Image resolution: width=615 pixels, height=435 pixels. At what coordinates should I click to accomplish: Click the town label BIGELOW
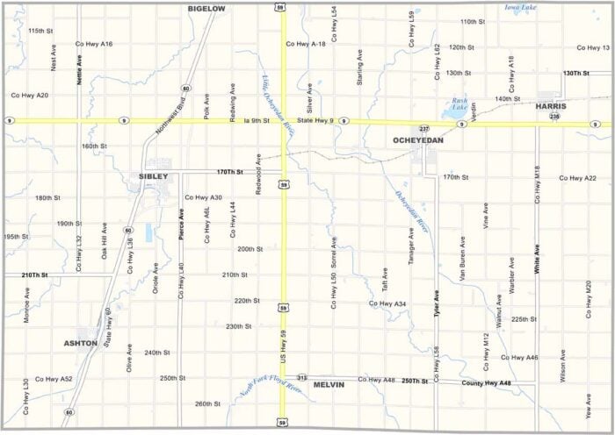pyautogui.click(x=206, y=8)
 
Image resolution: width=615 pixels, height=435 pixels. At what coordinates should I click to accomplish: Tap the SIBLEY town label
pyautogui.click(x=153, y=176)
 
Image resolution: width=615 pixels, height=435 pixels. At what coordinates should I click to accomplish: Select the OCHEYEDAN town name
pyautogui.click(x=418, y=139)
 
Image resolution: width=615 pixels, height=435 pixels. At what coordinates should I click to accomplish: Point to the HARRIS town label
pyautogui.click(x=551, y=106)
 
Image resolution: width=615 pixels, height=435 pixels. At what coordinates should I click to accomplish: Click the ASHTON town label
pyautogui.click(x=81, y=343)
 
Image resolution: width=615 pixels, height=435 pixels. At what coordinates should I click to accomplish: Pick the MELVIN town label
pyautogui.click(x=329, y=384)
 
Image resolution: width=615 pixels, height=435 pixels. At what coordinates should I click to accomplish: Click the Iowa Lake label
pyautogui.click(x=521, y=7)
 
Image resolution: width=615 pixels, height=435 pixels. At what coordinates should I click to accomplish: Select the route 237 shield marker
pyautogui.click(x=423, y=128)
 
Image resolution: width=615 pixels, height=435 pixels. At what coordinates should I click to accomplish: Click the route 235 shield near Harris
pyautogui.click(x=554, y=116)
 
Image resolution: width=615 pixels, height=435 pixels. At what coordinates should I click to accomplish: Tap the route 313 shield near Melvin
pyautogui.click(x=301, y=377)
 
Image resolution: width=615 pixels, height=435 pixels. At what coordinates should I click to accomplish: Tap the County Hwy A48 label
pyautogui.click(x=486, y=383)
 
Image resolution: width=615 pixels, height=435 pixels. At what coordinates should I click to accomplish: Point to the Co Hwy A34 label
pyautogui.click(x=387, y=303)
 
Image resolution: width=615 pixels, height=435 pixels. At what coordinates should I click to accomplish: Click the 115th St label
pyautogui.click(x=40, y=31)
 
